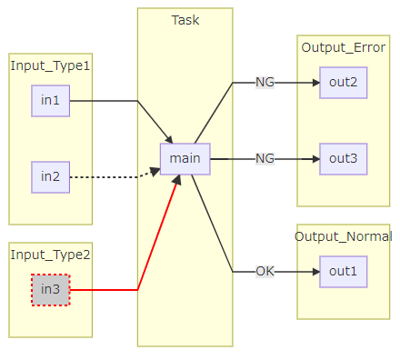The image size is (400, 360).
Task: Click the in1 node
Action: pos(50,100)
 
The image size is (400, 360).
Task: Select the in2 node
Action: pos(50,176)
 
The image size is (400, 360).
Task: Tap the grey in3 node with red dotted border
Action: pos(50,290)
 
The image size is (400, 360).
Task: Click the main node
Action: pos(185,158)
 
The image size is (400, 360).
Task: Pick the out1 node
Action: pos(343,272)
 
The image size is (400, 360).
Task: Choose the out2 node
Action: pos(343,82)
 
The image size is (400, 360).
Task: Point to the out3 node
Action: pos(343,158)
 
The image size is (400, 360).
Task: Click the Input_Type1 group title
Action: pos(50,65)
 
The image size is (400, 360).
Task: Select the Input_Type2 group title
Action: pos(50,255)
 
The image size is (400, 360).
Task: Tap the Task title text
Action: pos(185,20)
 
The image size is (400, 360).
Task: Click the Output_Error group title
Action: pos(343,48)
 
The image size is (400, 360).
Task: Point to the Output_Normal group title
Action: pos(343,236)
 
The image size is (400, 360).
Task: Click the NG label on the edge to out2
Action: pos(265,82)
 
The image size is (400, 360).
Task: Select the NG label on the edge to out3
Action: pos(265,158)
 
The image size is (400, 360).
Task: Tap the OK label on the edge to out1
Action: pos(265,272)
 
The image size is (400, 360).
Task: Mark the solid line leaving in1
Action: pos(105,100)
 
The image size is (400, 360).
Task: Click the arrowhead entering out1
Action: pos(315,272)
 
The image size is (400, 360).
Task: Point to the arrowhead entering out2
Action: pos(315,82)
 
